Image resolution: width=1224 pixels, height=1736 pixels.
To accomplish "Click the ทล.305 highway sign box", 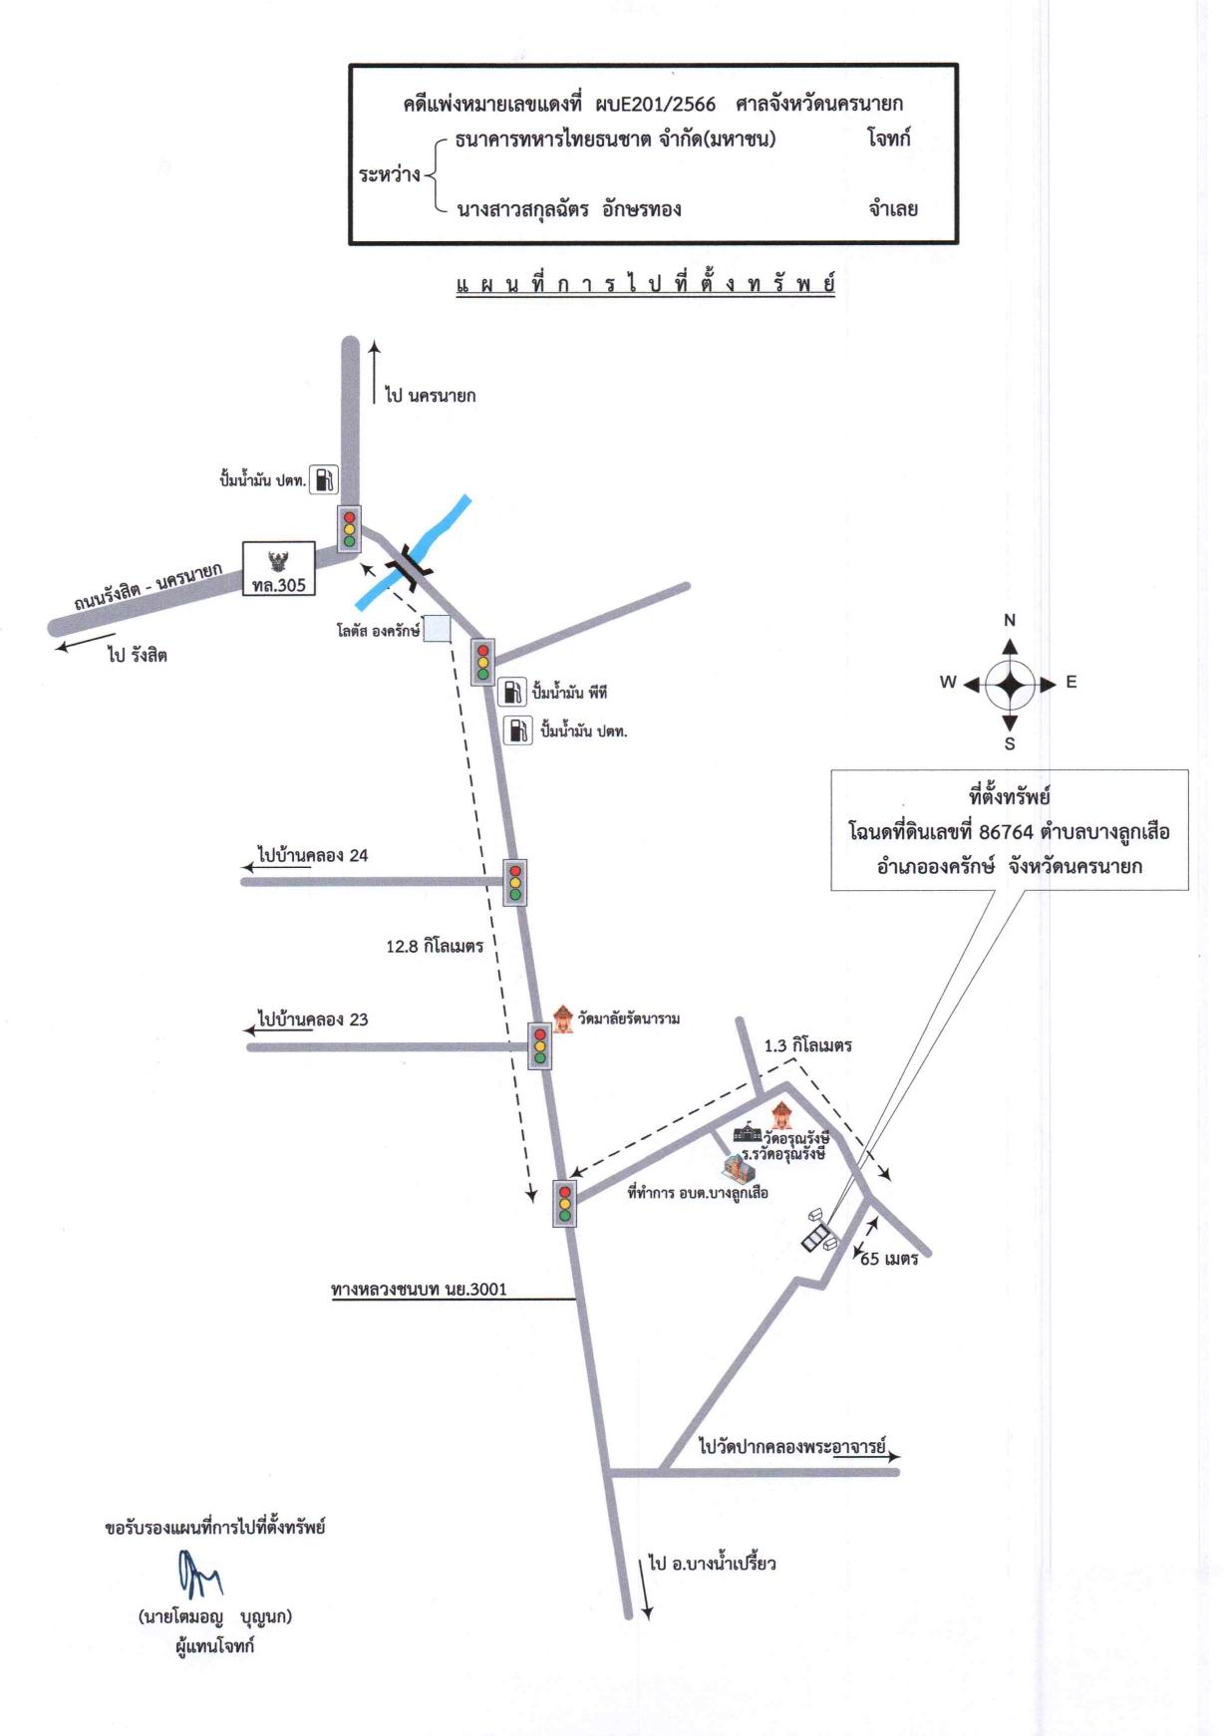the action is pos(279,569).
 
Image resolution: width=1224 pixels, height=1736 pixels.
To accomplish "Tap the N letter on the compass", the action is pos(1010,620).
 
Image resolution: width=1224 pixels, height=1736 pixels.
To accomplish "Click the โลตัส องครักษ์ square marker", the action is pos(437,630).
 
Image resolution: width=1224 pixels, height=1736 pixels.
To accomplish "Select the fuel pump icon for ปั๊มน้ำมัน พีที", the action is pos(511,692).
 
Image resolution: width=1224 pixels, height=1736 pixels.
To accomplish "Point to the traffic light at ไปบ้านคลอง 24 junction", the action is pos(515,881).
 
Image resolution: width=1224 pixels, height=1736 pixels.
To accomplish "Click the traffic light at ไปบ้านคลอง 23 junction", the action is pos(540,1046).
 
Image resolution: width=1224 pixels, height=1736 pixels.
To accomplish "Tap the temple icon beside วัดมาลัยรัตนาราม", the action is pos(564,1017).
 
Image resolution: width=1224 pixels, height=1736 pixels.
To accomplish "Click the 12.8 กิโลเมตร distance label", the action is pos(435,947).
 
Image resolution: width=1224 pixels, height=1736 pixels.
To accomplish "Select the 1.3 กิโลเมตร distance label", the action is pos(808,1046).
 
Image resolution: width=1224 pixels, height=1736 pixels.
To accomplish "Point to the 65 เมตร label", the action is pos(889,1259).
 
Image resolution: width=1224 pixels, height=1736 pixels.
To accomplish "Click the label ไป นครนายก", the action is pos(431,396).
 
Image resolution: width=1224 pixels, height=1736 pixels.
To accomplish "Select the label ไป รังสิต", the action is pos(138,655).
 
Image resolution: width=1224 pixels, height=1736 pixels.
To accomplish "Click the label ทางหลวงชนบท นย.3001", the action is pos(419,1290).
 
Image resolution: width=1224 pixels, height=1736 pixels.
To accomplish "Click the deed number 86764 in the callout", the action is pos(1007,832).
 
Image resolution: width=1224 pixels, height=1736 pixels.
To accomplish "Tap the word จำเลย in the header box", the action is pos(893,209).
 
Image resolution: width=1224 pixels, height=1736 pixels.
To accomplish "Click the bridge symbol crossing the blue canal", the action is pos(410,566).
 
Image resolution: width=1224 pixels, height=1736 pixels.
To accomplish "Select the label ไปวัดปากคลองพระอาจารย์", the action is pos(792,1446).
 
